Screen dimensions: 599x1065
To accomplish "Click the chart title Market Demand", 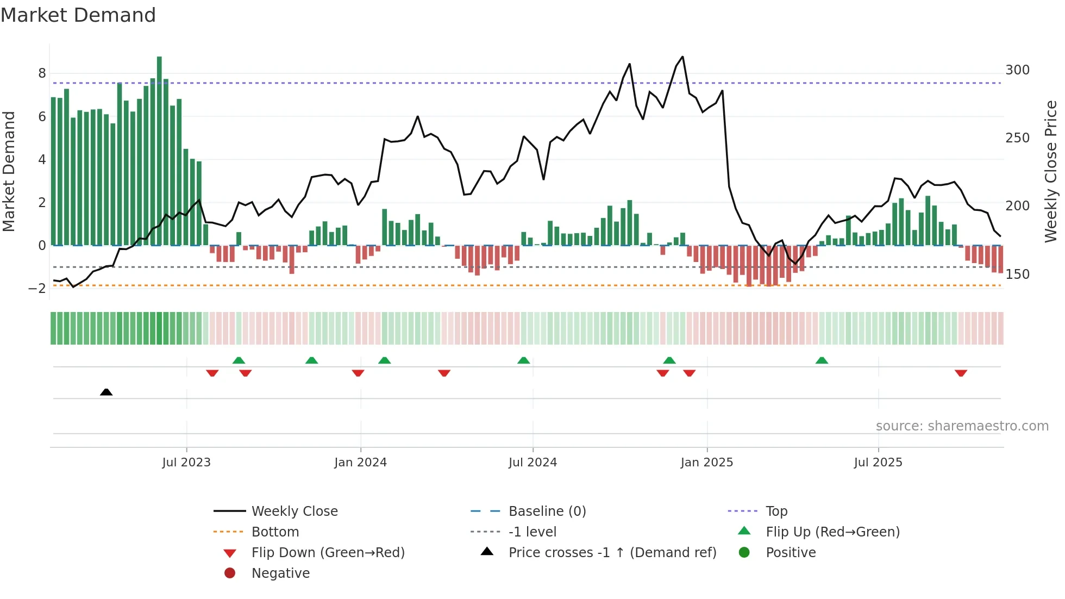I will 78,15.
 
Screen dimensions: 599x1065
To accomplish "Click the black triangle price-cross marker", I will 106,392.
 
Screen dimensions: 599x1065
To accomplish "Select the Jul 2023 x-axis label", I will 186,463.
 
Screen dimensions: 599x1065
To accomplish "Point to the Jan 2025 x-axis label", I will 706,463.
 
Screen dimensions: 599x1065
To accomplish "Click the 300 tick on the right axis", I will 1017,70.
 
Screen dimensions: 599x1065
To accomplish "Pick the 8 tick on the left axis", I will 42,73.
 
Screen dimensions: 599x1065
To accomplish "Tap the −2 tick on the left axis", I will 37,289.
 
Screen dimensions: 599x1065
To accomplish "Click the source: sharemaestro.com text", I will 962,426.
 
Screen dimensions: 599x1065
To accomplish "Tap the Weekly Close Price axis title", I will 1051,171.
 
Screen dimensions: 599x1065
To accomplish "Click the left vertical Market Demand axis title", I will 9,171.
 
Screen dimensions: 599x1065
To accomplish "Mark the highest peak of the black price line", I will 682,57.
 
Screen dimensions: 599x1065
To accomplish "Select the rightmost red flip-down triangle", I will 961,373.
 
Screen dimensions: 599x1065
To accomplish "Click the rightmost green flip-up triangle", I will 822,360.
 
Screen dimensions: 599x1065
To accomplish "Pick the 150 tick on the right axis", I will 1017,274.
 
